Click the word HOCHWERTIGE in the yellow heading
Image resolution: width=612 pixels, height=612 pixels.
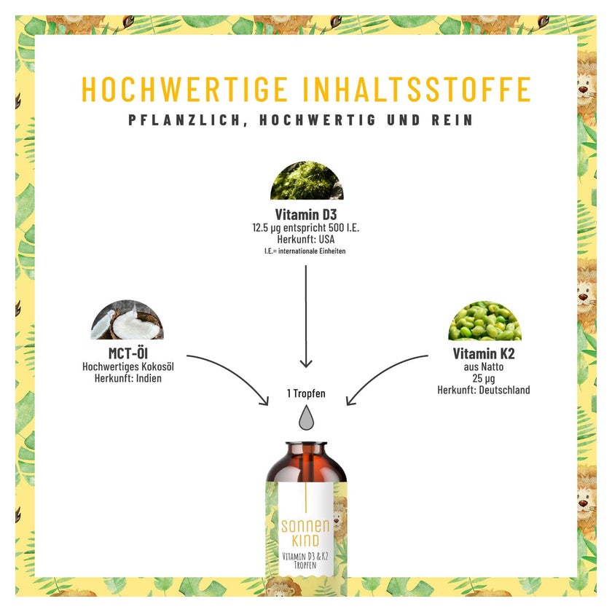[x=184, y=89]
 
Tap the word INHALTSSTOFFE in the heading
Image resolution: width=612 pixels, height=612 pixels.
[x=417, y=89]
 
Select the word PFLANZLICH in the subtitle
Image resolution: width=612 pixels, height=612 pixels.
[x=184, y=120]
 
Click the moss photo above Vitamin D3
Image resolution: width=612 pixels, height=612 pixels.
[x=307, y=181]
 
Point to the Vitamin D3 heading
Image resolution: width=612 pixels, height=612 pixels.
[x=305, y=214]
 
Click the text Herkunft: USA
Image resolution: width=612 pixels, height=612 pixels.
[x=305, y=239]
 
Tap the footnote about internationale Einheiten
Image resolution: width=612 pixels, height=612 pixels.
[x=305, y=251]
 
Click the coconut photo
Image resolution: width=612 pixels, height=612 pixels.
[x=127, y=320]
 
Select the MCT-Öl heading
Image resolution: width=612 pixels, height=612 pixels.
[x=128, y=353]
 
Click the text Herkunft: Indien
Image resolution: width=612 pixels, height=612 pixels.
[x=128, y=378]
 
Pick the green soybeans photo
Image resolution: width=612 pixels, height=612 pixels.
[x=484, y=321]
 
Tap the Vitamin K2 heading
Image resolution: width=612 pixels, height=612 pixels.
[x=484, y=353]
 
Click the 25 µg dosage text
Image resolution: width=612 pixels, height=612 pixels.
[x=484, y=378]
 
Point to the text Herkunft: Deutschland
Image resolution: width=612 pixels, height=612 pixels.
[x=484, y=390]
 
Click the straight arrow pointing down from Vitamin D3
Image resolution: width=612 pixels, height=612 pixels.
[x=306, y=316]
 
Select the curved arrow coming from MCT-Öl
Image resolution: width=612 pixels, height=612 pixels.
[x=234, y=371]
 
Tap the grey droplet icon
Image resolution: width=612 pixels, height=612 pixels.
[x=307, y=417]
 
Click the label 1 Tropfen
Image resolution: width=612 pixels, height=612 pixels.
[x=306, y=393]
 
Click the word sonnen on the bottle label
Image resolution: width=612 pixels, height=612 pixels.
[x=305, y=526]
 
